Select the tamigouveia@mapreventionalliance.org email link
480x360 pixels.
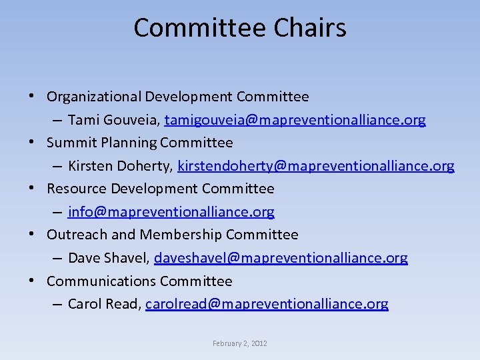point(295,121)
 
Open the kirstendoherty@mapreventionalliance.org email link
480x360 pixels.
point(316,166)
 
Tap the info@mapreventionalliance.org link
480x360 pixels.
point(171,212)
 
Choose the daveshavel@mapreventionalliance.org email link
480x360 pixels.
point(281,258)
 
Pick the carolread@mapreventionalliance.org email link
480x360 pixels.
point(267,304)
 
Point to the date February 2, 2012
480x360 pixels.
point(240,343)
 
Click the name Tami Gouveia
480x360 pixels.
point(113,121)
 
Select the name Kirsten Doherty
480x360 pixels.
point(119,166)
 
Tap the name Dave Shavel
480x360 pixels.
point(107,258)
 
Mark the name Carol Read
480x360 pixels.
point(103,304)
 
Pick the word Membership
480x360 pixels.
point(181,235)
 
